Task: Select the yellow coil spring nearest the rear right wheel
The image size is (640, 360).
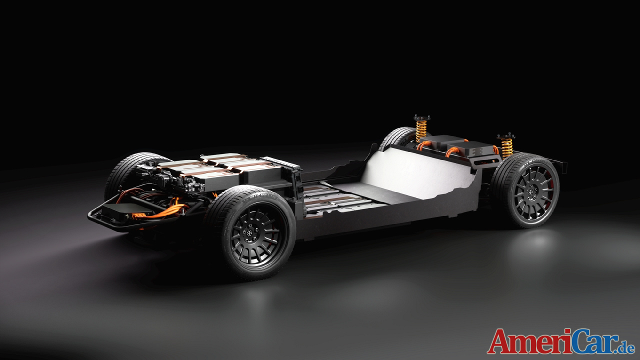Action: [507, 147]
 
